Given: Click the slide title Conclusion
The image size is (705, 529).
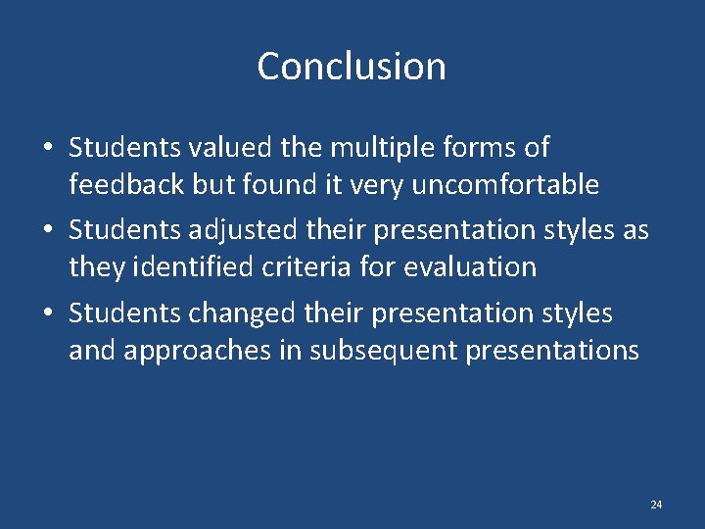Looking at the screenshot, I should pos(352,67).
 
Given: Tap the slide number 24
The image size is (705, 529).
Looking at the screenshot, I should pos(656,505).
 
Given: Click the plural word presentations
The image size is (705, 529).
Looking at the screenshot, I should pos(553,350).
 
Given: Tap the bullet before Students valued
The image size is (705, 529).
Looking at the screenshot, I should pos(47,149).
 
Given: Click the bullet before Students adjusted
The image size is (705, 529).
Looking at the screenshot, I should pos(47,231).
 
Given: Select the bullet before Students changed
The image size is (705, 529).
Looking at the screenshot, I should pos(47,314).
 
